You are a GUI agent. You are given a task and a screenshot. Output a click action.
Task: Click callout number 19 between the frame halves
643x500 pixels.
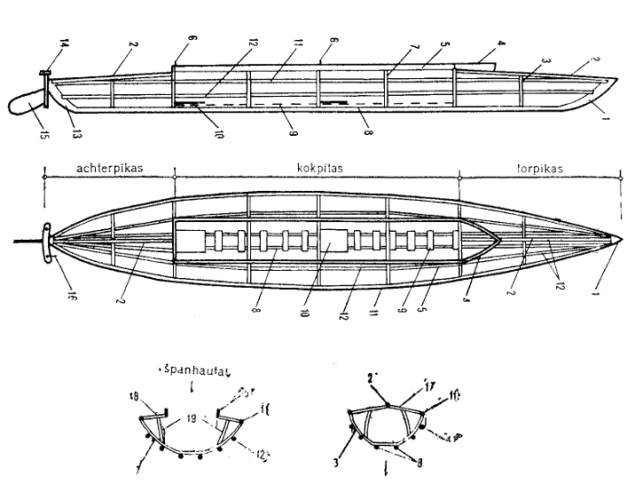190,417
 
